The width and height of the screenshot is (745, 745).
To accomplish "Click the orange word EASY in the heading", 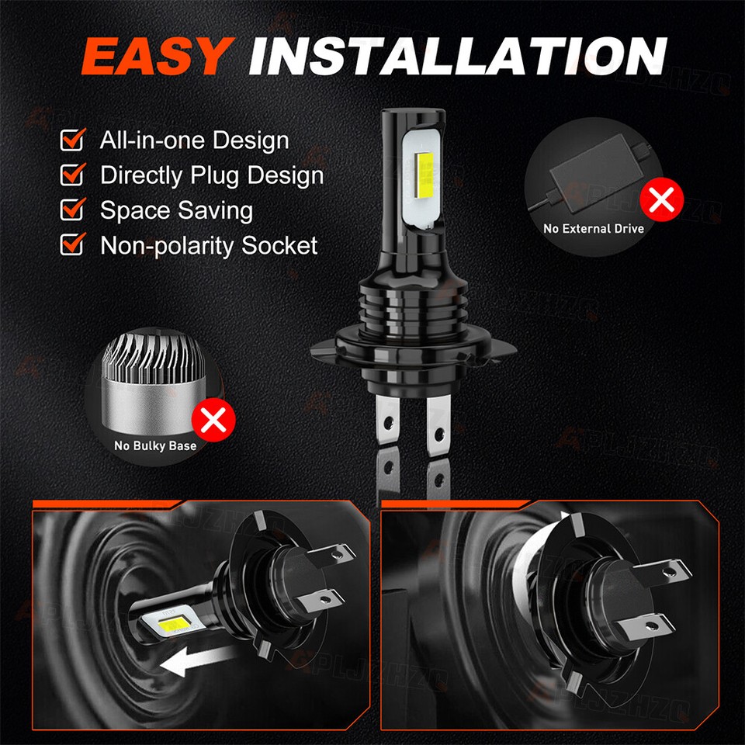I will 156,57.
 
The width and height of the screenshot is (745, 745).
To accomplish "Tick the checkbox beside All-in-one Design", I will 72,140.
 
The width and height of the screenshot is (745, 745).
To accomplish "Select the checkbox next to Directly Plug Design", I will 72,175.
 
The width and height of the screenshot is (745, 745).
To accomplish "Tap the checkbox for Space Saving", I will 72,210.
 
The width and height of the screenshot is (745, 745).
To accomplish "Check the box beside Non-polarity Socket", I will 72,245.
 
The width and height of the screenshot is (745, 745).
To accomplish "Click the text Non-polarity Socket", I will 209,246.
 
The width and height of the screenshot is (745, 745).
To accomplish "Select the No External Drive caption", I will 594,228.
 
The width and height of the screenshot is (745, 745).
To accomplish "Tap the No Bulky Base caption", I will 155,445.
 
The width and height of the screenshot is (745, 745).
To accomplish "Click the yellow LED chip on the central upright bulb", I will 426,180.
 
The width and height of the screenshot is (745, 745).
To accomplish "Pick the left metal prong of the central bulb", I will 386,423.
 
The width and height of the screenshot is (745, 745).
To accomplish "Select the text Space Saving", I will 176,210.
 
